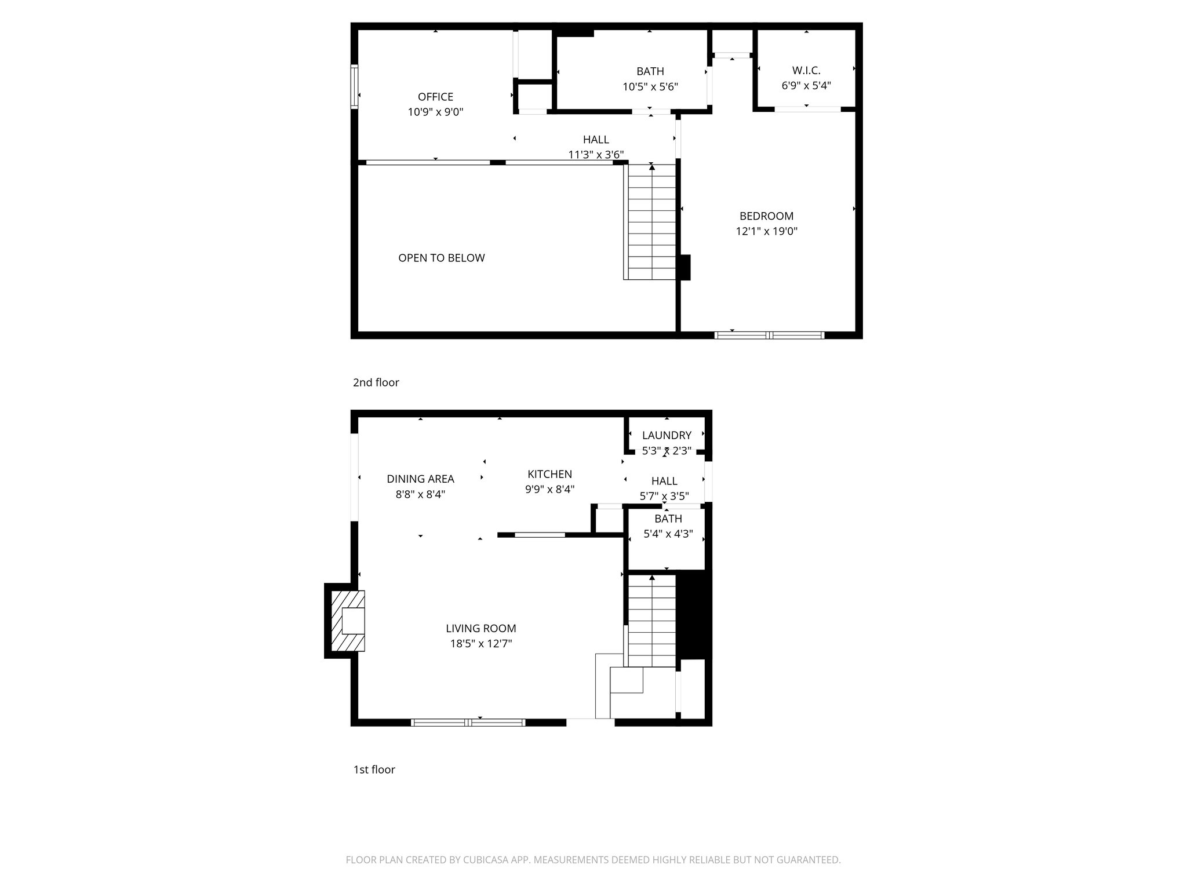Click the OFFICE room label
(x=435, y=97)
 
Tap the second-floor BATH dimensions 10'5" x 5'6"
(x=650, y=87)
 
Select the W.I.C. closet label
(x=806, y=71)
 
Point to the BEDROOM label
(x=766, y=216)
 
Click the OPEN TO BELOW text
(x=441, y=258)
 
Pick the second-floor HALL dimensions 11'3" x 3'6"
(x=596, y=155)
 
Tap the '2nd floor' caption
(x=376, y=382)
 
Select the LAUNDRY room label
(x=667, y=435)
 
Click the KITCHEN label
(x=549, y=474)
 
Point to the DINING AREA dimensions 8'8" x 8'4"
(x=420, y=494)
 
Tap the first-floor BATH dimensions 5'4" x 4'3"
(x=668, y=534)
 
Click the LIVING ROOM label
(x=480, y=628)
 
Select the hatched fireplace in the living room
(x=347, y=621)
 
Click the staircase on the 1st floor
(x=652, y=620)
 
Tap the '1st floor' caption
(x=374, y=769)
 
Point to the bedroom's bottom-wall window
(x=769, y=335)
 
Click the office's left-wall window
(x=354, y=87)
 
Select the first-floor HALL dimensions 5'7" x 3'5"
(x=664, y=496)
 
